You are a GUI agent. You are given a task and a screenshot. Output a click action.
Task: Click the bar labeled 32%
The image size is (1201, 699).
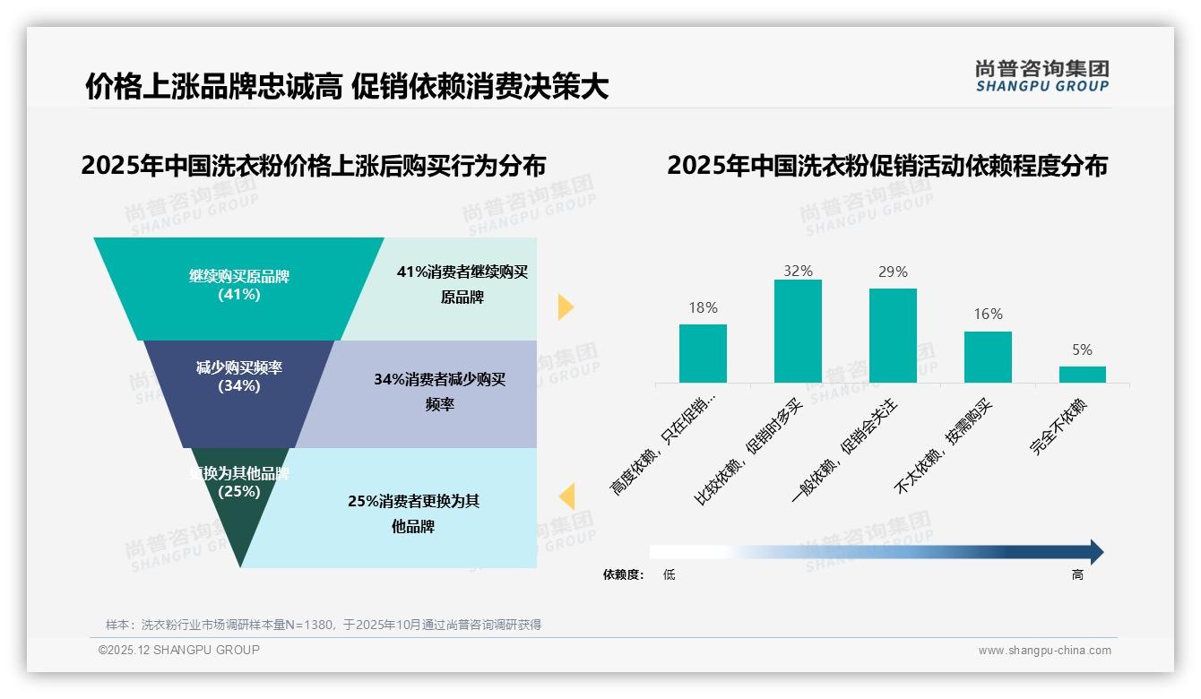798,331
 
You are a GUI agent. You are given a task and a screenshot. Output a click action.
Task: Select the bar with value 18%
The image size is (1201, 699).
703,353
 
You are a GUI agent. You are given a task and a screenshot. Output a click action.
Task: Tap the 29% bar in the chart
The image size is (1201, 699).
893,335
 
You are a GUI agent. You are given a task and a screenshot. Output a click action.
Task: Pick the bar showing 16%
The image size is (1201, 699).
988,357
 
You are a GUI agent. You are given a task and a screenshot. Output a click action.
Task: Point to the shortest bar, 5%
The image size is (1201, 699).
1083,374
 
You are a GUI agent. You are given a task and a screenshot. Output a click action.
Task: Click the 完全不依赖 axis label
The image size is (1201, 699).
1059,427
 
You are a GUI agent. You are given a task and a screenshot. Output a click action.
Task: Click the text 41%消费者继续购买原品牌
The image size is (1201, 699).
462,284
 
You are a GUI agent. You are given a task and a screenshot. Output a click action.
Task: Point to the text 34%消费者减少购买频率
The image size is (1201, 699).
439,392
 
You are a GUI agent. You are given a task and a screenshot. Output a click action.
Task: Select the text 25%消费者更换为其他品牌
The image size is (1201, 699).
413,513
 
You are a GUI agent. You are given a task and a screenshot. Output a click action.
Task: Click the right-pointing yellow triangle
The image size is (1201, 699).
565,306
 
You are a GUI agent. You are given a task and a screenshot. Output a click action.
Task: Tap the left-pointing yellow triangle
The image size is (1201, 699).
566,496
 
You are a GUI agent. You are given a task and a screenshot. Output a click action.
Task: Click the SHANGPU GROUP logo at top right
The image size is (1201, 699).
1041,76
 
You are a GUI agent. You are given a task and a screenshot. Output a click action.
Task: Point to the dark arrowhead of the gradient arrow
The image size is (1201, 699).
1096,552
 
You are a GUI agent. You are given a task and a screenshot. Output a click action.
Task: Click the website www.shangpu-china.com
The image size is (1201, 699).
1044,651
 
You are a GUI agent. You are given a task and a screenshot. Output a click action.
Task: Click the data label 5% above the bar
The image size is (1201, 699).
1083,350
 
